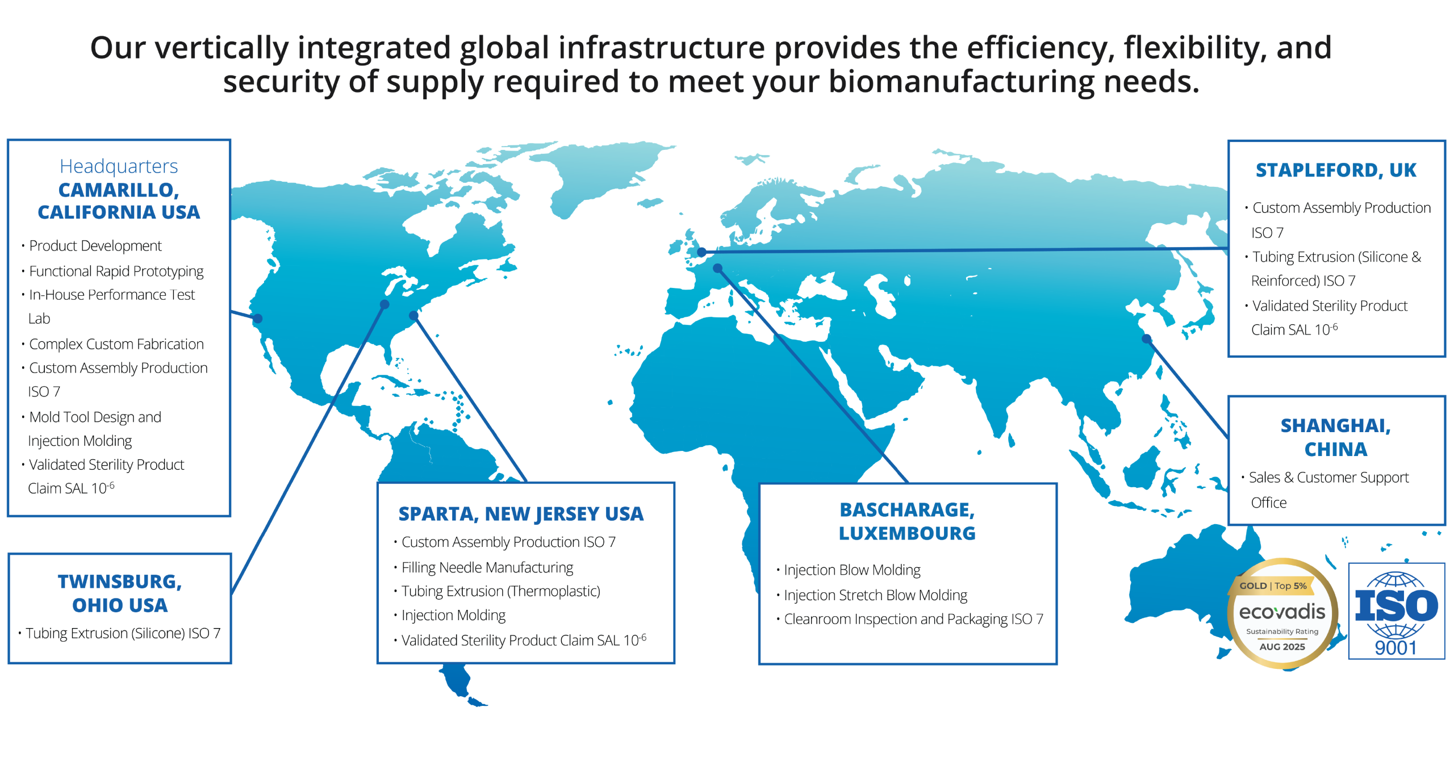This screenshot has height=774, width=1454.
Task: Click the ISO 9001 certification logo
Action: pos(1396,611)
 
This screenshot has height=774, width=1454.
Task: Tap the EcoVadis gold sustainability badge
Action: pos(1282,613)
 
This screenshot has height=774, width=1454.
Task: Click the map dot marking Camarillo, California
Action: pos(258,319)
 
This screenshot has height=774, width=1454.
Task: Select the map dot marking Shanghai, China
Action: pos(1147,339)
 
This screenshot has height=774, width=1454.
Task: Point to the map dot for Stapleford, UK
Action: pos(702,252)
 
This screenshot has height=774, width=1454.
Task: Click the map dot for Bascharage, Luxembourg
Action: pos(718,268)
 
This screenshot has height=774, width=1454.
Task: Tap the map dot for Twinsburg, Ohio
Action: pos(385,304)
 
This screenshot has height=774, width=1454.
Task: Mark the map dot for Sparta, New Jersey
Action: pos(414,315)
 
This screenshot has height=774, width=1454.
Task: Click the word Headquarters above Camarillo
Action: pos(119,166)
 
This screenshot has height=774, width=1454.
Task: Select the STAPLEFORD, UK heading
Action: pos(1336,170)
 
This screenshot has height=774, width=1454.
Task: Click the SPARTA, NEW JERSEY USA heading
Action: pos(521,514)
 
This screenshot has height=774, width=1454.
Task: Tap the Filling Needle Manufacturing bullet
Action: pos(487,567)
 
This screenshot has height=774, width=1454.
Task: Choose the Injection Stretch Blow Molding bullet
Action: pos(875,595)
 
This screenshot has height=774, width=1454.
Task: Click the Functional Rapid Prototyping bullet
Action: pos(116,271)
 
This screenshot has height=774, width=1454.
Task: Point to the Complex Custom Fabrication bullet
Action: pos(116,344)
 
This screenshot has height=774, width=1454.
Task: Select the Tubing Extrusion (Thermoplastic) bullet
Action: pos(500,591)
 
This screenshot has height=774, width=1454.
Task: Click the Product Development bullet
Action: pos(95,246)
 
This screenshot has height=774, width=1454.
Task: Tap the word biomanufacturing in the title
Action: pos(961,81)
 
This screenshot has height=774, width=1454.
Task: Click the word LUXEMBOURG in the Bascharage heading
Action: pos(907,533)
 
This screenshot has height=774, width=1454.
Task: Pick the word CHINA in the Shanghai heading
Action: pos(1336,450)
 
